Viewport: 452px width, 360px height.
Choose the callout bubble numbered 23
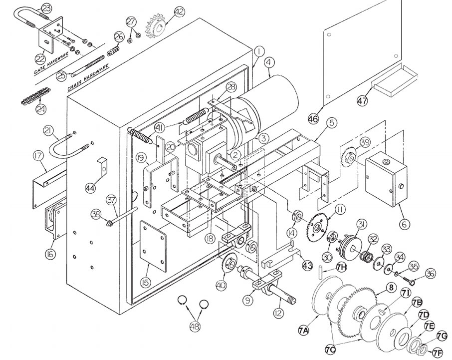(x=45, y=8)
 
